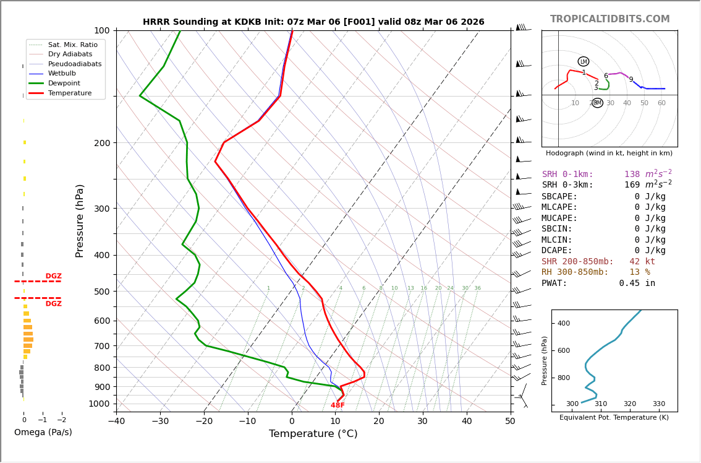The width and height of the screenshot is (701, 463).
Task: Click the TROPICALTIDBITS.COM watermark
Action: [x=610, y=19]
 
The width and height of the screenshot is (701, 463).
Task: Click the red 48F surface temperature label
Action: [x=338, y=405]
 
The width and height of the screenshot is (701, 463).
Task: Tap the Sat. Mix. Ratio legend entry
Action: [x=72, y=45]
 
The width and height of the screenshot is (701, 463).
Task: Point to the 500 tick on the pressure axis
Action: [x=101, y=292]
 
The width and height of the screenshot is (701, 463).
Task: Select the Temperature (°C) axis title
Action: [x=313, y=434]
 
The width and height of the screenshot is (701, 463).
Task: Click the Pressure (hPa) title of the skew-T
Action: [x=80, y=220]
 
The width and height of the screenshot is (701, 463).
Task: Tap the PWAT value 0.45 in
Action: [x=637, y=283]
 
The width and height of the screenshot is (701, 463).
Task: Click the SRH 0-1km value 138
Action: [x=632, y=175]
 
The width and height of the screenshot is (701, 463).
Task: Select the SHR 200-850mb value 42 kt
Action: [x=642, y=262]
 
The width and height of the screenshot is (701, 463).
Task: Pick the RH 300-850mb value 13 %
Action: [x=639, y=272]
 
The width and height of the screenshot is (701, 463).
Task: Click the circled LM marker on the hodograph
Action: [x=584, y=61]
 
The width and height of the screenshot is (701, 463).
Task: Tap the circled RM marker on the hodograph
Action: [x=597, y=103]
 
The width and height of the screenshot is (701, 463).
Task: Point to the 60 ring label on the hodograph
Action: [x=661, y=103]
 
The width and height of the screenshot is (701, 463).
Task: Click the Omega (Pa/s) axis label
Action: [x=43, y=432]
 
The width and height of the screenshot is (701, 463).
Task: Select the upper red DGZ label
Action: [x=53, y=276]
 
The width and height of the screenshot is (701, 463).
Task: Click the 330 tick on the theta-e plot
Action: [x=659, y=404]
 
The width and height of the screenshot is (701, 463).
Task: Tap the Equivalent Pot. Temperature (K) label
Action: [x=614, y=418]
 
